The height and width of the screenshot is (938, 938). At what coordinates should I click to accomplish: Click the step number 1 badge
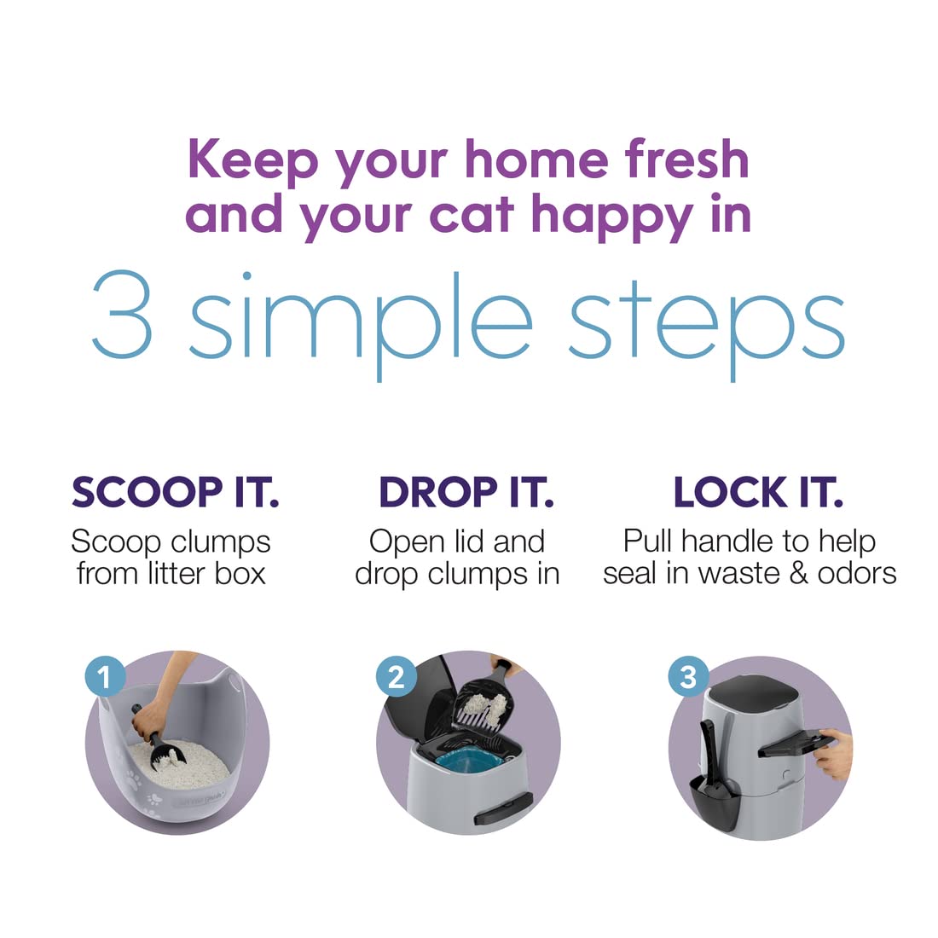(x=105, y=677)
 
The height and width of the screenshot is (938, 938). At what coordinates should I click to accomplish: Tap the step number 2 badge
(x=396, y=676)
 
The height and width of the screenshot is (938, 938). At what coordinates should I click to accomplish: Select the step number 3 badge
(x=688, y=676)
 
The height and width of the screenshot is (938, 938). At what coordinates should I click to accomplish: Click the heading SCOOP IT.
(x=176, y=492)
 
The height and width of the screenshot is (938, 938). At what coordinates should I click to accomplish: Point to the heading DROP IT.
(x=466, y=492)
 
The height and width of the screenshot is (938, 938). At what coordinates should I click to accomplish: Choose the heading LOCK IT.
(x=759, y=492)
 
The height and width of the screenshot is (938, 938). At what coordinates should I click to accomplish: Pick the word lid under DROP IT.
(x=469, y=541)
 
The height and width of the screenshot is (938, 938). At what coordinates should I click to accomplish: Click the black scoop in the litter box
(x=158, y=739)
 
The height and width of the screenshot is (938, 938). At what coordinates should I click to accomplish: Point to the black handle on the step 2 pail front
(x=503, y=807)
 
